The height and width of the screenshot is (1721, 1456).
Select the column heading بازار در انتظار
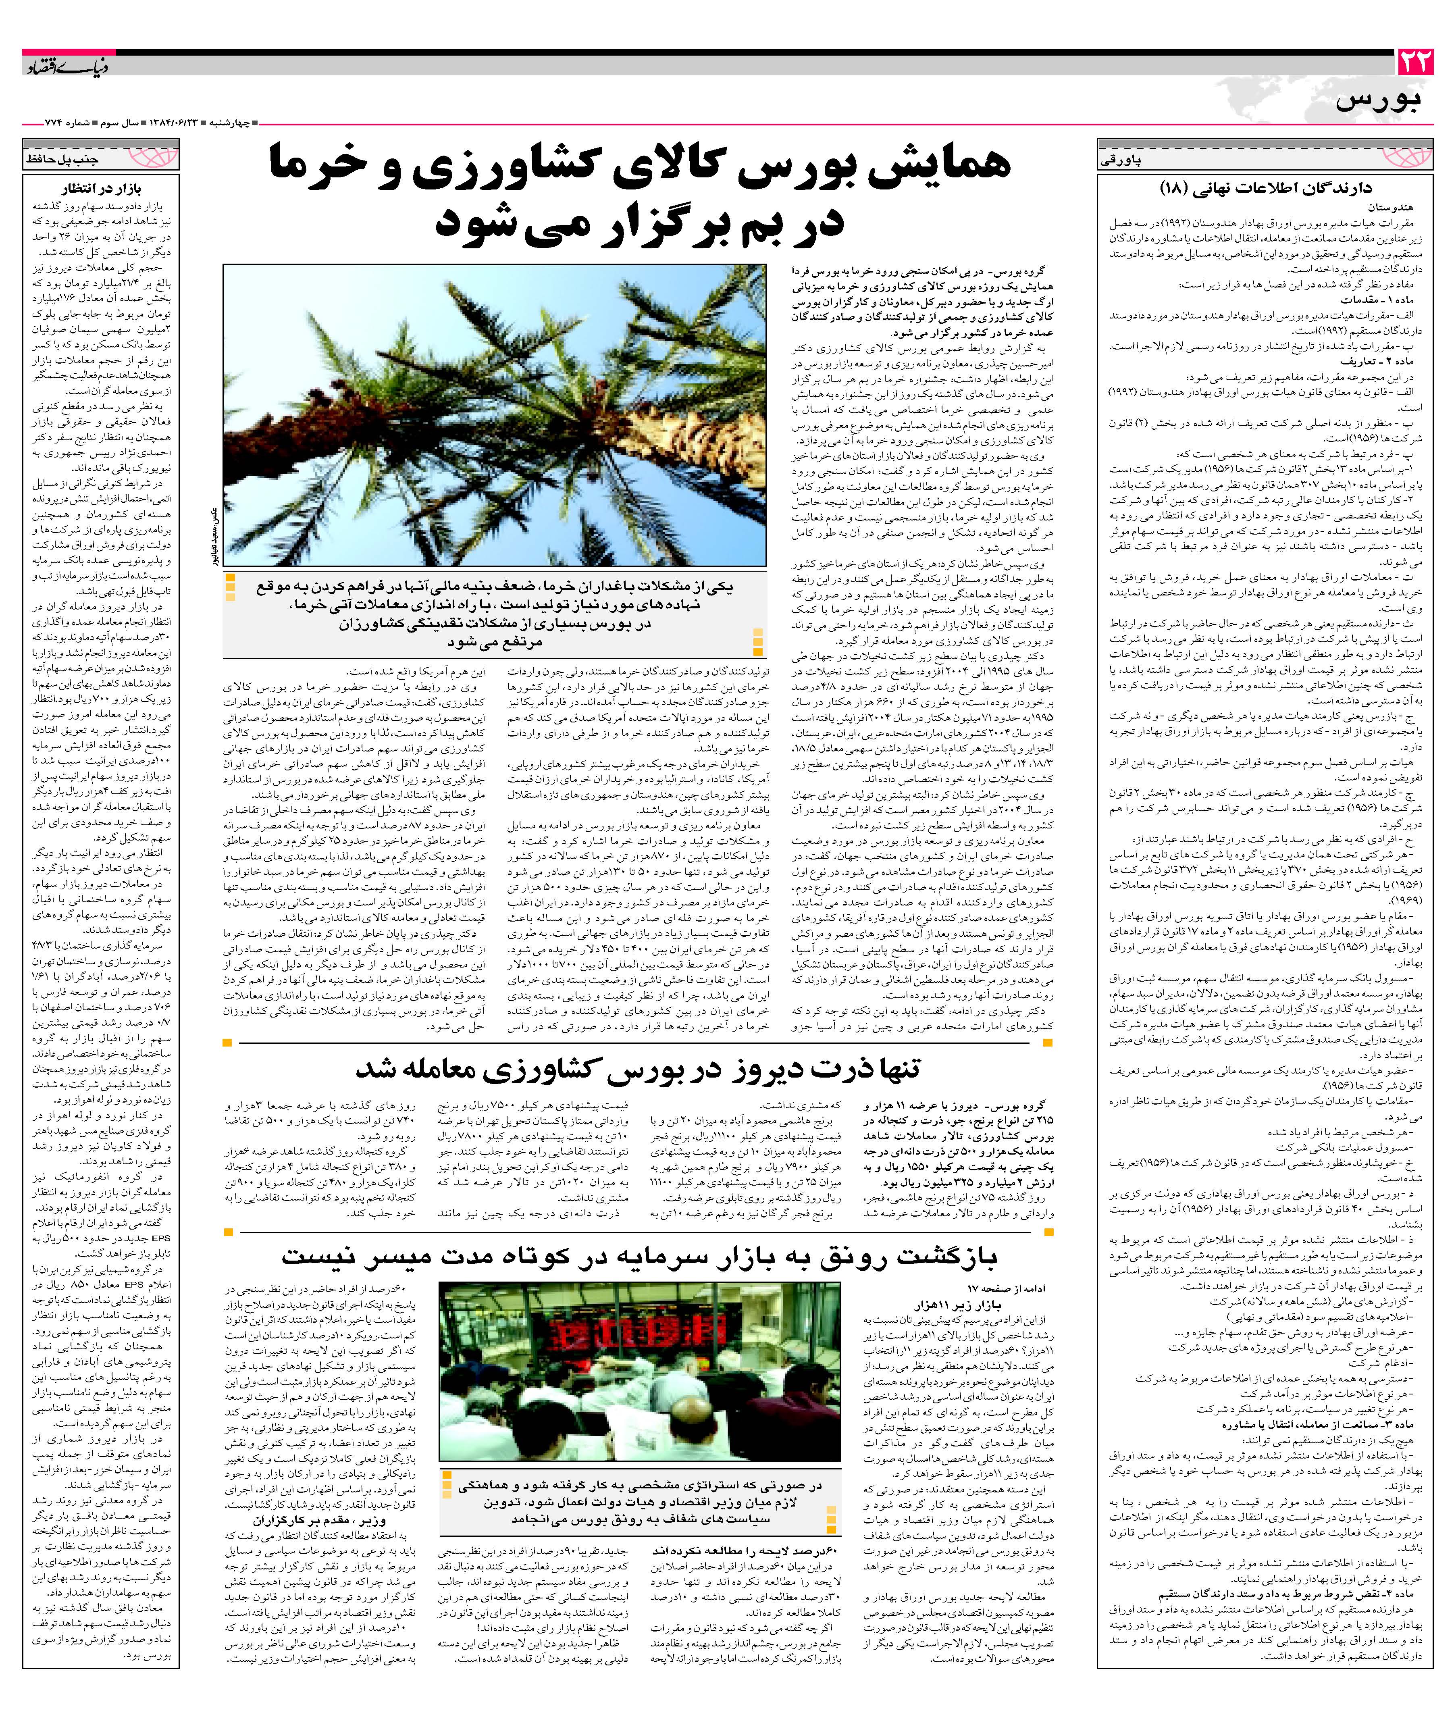tap(101, 187)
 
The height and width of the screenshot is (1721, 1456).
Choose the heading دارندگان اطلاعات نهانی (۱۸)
tap(1265, 188)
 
